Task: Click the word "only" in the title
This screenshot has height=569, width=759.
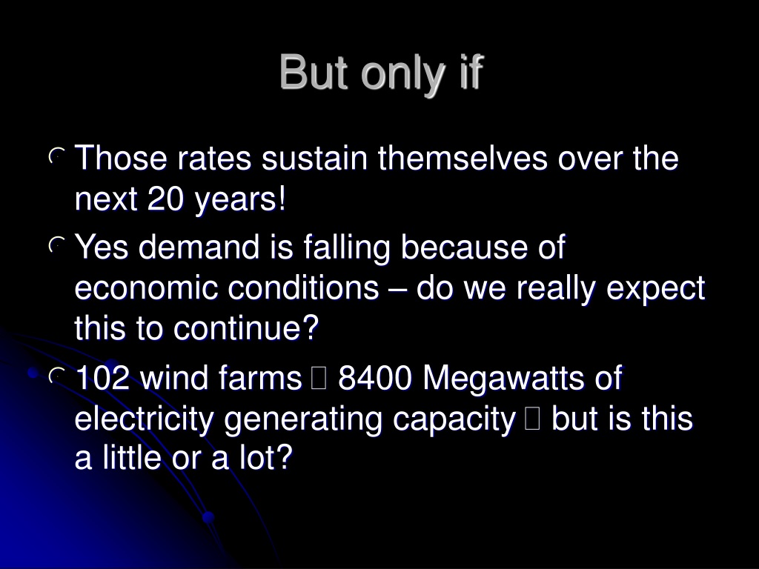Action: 402,75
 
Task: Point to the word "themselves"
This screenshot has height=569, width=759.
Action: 463,159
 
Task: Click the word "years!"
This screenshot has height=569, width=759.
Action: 240,200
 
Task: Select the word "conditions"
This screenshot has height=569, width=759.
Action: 303,288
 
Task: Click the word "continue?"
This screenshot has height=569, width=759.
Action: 246,328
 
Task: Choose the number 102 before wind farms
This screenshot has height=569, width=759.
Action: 102,377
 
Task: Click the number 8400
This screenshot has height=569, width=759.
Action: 374,377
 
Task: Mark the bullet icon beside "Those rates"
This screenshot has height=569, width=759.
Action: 56,156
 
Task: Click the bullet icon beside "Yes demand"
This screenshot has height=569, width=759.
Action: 56,244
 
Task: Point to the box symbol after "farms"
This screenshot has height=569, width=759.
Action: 319,379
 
